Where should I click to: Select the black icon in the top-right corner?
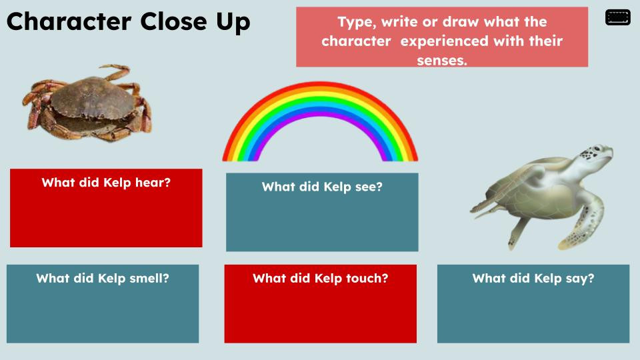617,18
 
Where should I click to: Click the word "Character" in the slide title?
71,21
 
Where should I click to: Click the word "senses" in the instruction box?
441,60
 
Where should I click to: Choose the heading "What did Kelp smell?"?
103,278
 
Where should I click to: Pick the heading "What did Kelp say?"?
533,278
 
